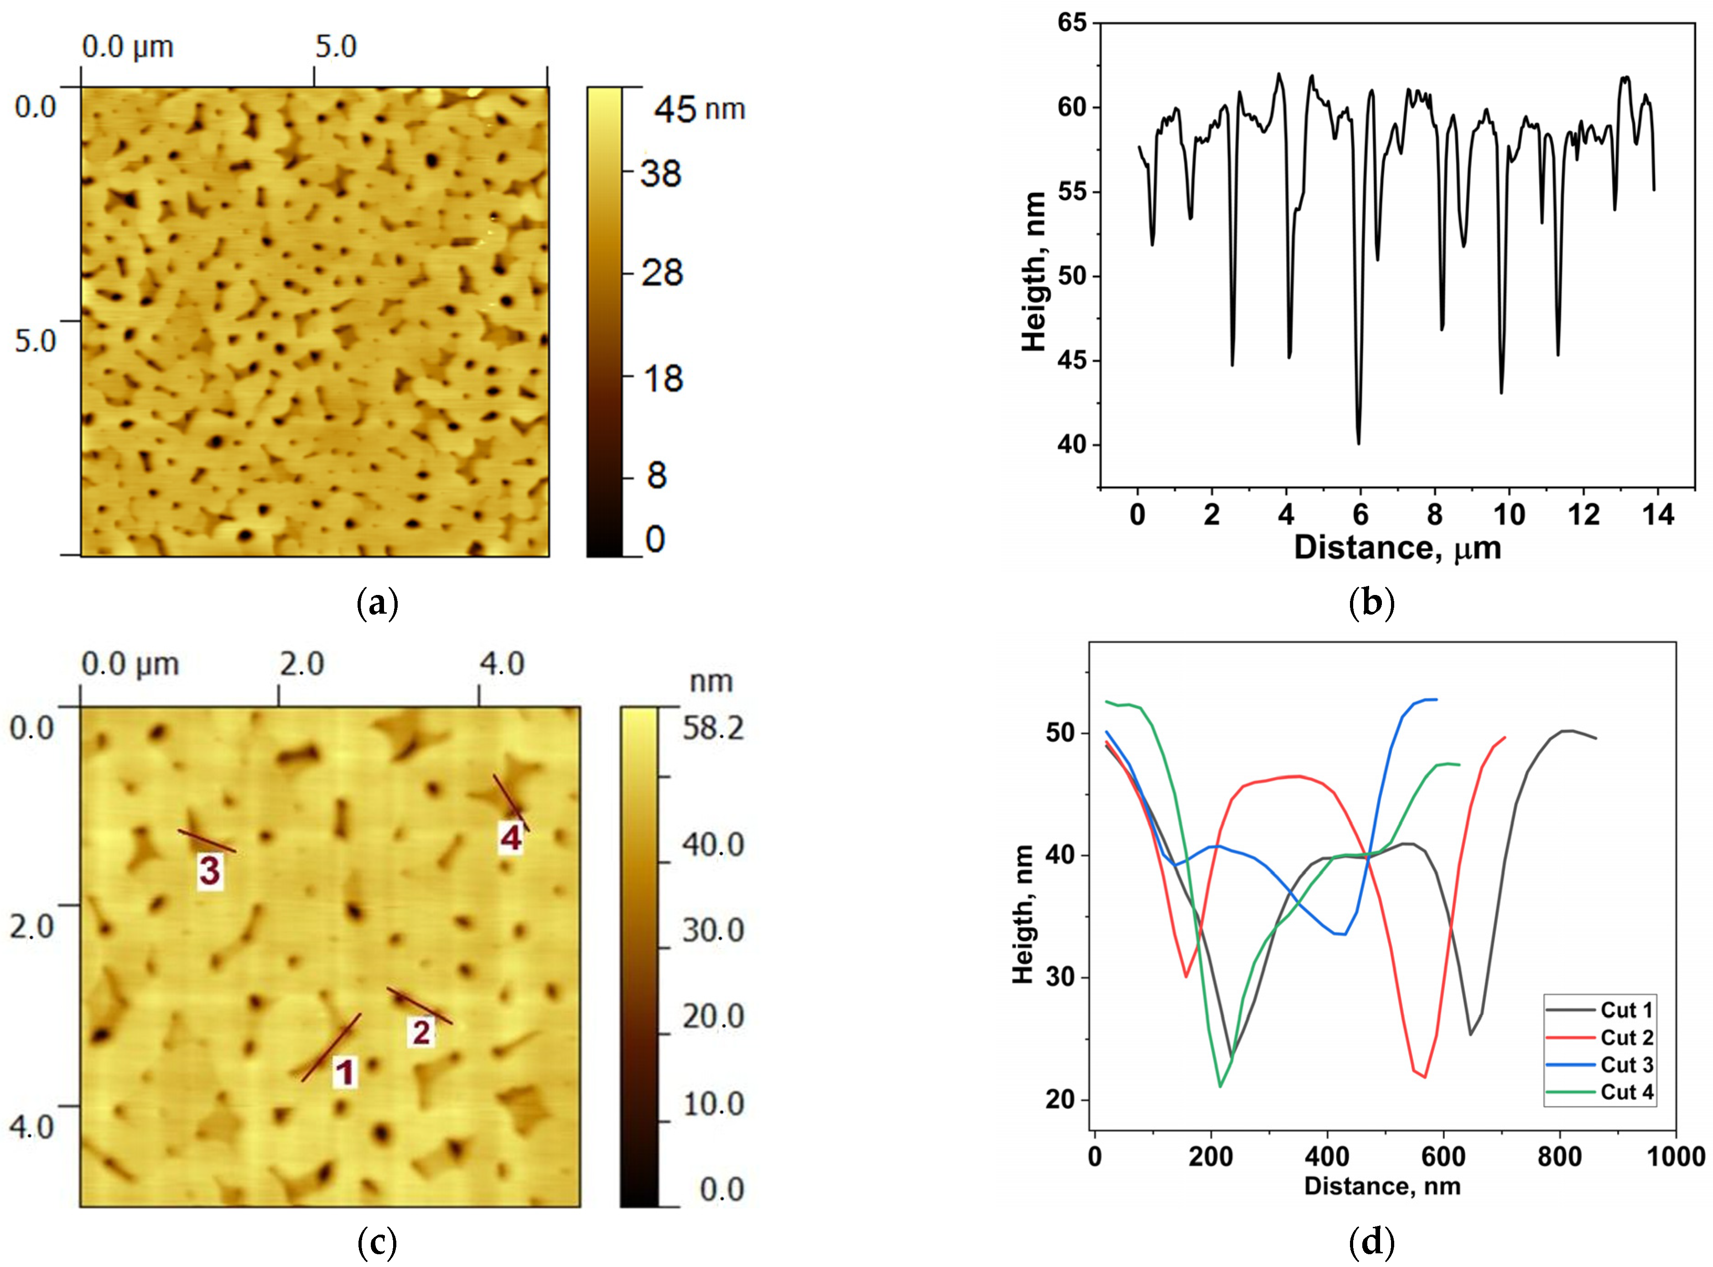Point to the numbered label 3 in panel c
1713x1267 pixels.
click(x=209, y=870)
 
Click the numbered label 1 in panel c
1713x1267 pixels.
click(x=345, y=1072)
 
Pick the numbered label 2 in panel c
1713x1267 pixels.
click(x=421, y=1032)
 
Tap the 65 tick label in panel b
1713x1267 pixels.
click(x=1072, y=23)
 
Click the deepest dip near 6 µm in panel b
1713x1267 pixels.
click(x=1359, y=443)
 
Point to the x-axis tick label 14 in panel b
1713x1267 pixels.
click(x=1657, y=515)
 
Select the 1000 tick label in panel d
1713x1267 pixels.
click(x=1676, y=1156)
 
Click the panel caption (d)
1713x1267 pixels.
click(x=1370, y=1241)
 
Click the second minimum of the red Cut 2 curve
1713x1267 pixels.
click(x=1425, y=1077)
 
